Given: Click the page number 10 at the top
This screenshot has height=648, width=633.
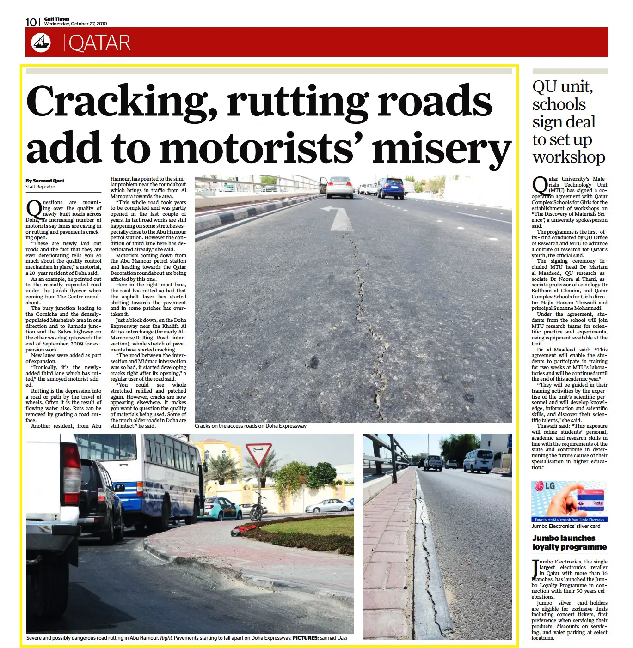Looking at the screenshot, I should (x=31, y=22).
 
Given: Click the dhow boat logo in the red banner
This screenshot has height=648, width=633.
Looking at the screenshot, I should (x=41, y=42).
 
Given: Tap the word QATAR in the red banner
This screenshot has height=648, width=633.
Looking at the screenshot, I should (x=99, y=43).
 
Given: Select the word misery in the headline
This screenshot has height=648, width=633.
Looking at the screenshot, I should (x=441, y=149).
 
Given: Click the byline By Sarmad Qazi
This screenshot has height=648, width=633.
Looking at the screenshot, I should (x=45, y=181).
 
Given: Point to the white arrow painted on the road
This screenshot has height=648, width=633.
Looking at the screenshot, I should (x=339, y=218).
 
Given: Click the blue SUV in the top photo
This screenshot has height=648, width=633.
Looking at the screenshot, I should (x=391, y=188).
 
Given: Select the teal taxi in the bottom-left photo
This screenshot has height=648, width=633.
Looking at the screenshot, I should (x=221, y=508).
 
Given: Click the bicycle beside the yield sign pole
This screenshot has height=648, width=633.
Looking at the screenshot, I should (x=258, y=509).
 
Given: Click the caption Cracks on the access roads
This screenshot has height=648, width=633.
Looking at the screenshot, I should (x=250, y=426).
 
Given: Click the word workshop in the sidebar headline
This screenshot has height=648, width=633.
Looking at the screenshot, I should (x=568, y=157).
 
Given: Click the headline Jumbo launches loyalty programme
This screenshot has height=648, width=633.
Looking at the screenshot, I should (x=569, y=542).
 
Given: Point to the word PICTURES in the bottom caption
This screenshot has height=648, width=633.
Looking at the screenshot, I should (x=305, y=638).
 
